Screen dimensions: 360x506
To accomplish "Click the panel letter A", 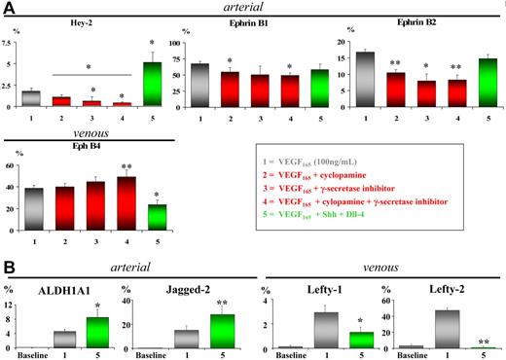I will point(8,9).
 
